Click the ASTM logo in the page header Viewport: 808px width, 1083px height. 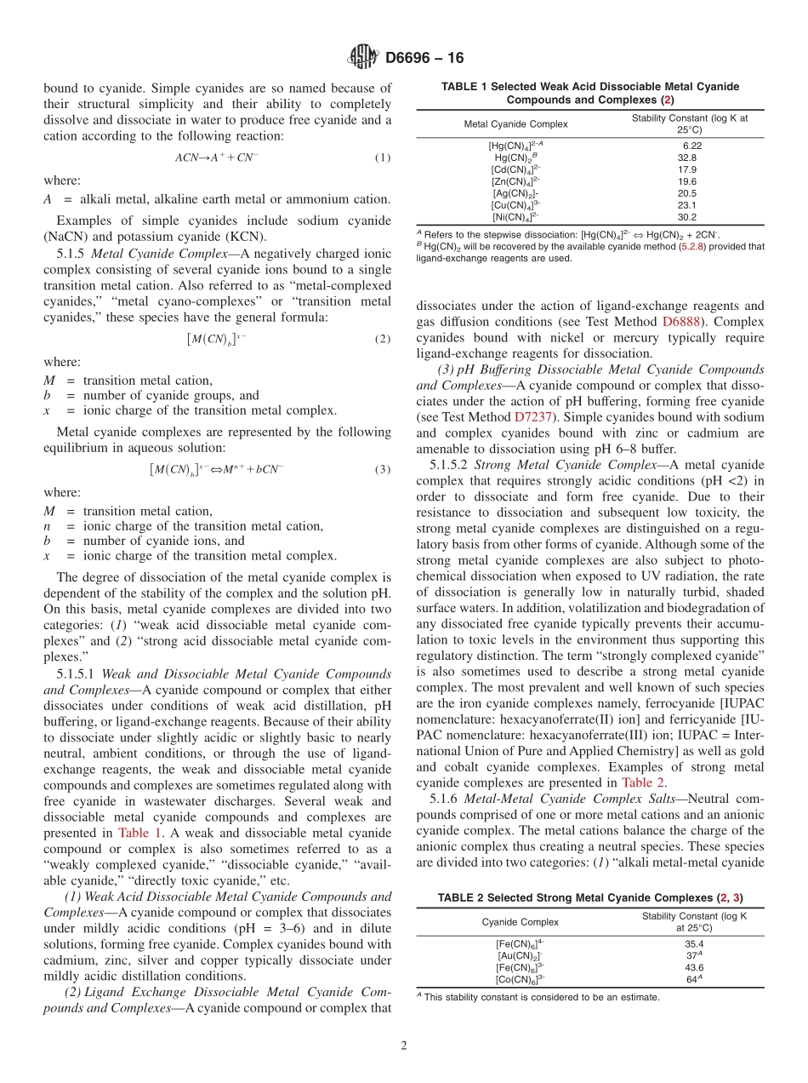(x=363, y=58)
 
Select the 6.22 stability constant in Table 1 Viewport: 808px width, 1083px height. (x=687, y=146)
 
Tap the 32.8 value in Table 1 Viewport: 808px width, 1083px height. (x=687, y=158)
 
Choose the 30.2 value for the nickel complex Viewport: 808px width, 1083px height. (x=687, y=217)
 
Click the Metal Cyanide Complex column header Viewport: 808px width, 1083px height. (x=515, y=124)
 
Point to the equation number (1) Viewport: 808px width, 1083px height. (x=383, y=158)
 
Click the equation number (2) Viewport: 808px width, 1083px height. (x=383, y=339)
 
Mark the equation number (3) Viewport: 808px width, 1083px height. (x=383, y=469)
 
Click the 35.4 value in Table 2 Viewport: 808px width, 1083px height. (x=694, y=943)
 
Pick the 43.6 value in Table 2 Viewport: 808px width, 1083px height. (x=694, y=967)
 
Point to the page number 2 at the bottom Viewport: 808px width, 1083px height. (x=404, y=1046)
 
